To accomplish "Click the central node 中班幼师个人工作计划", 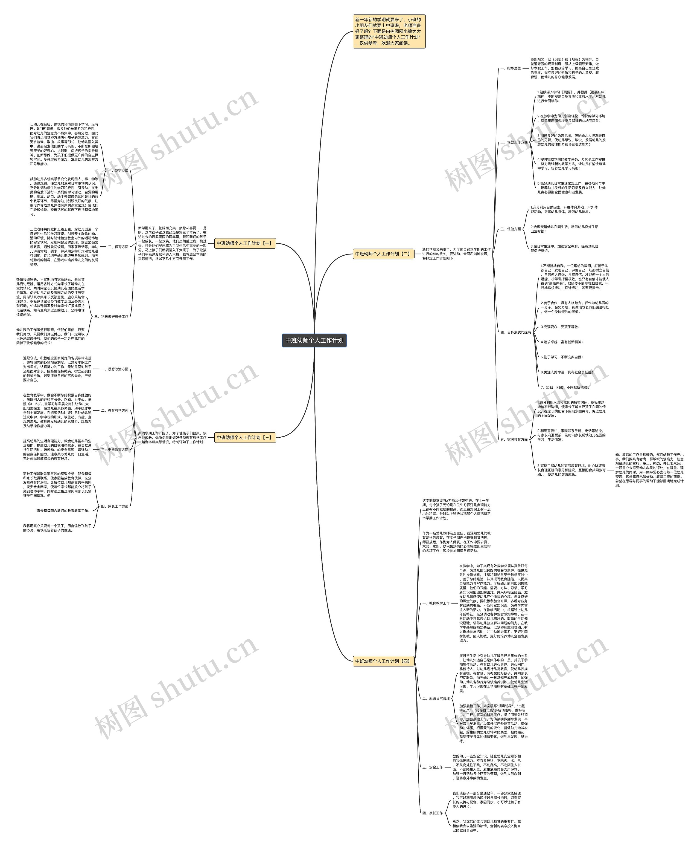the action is pos(314,340).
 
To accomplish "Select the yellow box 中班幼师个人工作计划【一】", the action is pos(245,243).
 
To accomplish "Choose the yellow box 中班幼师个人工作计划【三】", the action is pos(245,437).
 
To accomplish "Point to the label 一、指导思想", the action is pos(511,69).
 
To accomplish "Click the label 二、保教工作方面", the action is pos(514,142).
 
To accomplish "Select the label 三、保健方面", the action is pos(511,229).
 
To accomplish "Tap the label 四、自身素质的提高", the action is pos(515,332).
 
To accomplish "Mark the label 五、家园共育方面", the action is pos(514,440).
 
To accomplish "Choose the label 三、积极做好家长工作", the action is pos(111,317).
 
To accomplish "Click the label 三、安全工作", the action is pos(432,767).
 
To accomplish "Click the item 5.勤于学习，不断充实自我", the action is pos(561,357).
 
